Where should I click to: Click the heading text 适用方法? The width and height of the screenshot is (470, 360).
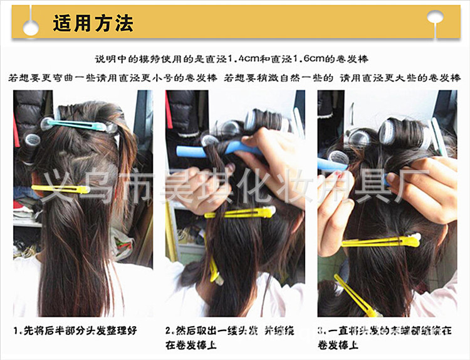click(x=93, y=24)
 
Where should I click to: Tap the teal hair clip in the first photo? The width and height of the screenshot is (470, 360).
click(x=78, y=125)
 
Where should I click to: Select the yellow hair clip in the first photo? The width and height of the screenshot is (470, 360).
click(x=60, y=188)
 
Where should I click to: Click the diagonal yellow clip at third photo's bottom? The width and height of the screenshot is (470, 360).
click(x=357, y=295)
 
